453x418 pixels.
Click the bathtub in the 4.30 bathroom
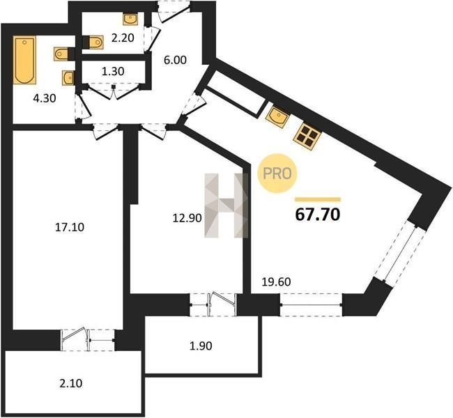click(24, 60)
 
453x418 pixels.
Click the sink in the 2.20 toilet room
click(130, 19)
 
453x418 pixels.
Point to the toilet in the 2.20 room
click(93, 42)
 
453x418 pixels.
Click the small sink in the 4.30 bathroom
click(68, 78)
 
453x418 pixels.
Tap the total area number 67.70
click(318, 215)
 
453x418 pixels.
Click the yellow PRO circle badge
click(277, 173)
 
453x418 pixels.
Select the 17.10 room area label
click(69, 227)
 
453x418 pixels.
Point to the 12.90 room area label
click(187, 218)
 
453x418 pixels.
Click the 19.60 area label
click(276, 282)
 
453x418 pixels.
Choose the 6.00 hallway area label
click(175, 60)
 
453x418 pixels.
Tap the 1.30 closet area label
click(113, 71)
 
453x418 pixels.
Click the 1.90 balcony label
click(201, 346)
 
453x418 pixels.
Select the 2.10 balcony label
click(71, 384)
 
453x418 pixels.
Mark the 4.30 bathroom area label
click(45, 99)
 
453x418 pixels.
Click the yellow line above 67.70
click(318, 199)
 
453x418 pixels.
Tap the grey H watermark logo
click(227, 206)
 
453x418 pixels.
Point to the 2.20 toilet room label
click(123, 38)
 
